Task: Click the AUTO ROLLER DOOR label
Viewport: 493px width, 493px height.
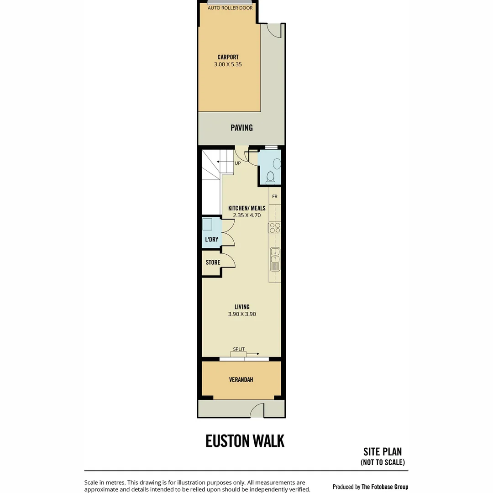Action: coord(230,8)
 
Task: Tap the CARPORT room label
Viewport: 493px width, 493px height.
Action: coord(228,57)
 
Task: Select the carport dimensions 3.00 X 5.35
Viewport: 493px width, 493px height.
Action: coord(228,64)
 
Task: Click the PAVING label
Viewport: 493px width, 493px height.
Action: coord(241,128)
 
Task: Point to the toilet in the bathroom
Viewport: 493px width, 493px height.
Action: coord(270,178)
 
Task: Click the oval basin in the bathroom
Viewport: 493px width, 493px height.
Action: coord(277,164)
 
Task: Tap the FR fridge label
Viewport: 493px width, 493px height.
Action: coord(275,196)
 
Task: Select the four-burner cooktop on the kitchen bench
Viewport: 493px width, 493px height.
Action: coord(274,228)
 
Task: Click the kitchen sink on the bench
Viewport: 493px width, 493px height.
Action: coord(275,259)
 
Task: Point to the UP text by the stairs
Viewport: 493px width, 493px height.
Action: coord(238,163)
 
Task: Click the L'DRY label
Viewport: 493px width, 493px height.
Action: coord(212,239)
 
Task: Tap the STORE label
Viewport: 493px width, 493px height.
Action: coord(213,262)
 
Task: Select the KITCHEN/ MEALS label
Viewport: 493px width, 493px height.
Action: coord(247,208)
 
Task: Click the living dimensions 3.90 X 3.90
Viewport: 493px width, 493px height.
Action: coord(242,314)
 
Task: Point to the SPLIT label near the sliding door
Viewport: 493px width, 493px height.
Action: coord(239,349)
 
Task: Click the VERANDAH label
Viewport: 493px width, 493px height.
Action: coord(241,379)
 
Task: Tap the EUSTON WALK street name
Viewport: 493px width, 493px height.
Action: coord(245,441)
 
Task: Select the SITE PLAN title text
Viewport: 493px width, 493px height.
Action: coord(383,451)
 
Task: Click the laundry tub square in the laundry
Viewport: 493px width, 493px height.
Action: coord(207,225)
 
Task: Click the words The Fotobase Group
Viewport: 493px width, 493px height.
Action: coord(385,487)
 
